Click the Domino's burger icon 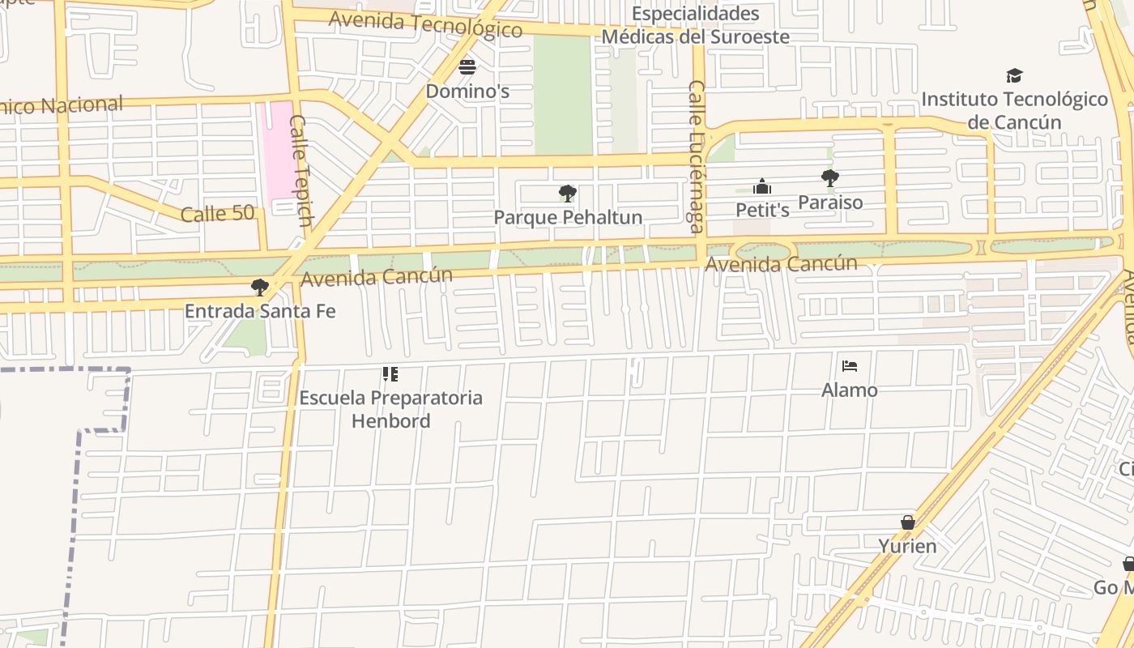(x=467, y=66)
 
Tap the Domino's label (x=467, y=92)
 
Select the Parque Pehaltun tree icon (x=568, y=194)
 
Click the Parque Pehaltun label (x=568, y=218)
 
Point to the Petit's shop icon (x=761, y=187)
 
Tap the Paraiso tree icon (x=829, y=178)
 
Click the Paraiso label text (x=830, y=202)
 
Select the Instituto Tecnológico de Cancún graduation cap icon (x=1014, y=76)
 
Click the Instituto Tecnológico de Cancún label (x=1014, y=111)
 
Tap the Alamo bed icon (x=849, y=366)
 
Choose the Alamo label (x=849, y=390)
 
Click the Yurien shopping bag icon (x=908, y=522)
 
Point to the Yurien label (x=907, y=547)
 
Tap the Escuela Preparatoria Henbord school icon (x=390, y=374)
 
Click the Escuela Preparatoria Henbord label (x=390, y=409)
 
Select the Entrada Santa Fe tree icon (x=259, y=287)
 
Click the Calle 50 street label (x=217, y=215)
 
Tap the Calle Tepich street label (x=301, y=170)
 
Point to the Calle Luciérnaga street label (x=697, y=156)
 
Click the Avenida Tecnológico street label (x=425, y=24)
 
